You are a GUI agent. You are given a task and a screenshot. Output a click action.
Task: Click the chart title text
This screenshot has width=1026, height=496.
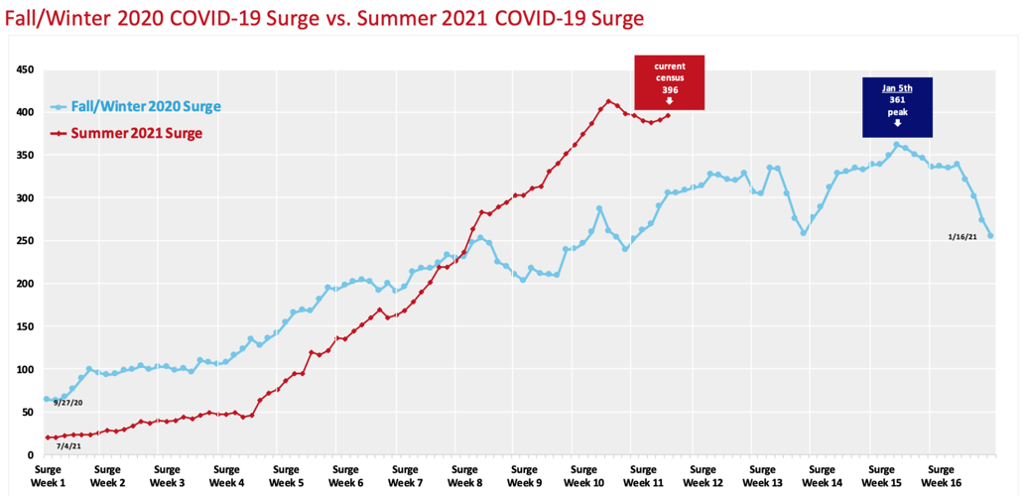click(323, 19)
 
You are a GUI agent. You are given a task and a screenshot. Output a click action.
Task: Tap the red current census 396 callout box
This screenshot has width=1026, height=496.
click(669, 83)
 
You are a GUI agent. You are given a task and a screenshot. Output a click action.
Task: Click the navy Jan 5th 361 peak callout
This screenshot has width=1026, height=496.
click(897, 107)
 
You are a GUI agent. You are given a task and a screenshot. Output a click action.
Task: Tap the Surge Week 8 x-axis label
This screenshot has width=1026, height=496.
click(464, 476)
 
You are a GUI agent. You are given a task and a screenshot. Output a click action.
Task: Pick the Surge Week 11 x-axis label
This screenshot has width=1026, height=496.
click(643, 476)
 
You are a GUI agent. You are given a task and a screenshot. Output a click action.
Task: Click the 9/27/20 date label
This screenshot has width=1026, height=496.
click(67, 403)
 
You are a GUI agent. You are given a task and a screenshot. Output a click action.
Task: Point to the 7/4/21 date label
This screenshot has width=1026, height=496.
click(69, 446)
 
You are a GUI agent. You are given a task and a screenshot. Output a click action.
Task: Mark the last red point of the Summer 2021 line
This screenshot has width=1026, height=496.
click(669, 115)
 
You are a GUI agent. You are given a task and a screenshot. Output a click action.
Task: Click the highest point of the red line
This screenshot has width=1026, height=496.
click(609, 101)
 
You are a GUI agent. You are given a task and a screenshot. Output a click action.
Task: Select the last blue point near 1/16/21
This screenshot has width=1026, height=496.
click(990, 235)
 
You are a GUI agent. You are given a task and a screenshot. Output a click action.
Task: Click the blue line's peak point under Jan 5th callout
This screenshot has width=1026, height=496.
click(897, 145)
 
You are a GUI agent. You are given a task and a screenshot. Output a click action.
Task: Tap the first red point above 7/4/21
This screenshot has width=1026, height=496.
click(47, 437)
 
